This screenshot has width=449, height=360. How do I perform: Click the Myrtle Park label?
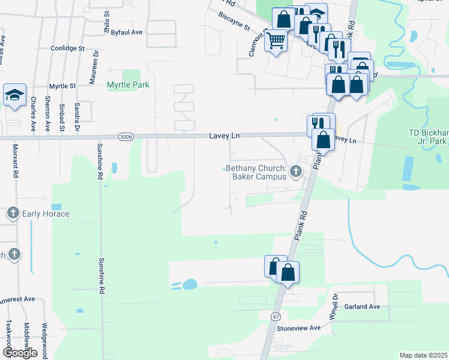tap(128, 85)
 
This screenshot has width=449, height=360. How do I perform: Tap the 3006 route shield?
tap(125, 137)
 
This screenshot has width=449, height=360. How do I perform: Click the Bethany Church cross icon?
tap(295, 173)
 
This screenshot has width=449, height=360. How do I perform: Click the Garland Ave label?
tap(363, 307)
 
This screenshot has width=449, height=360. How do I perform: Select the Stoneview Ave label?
tap(299, 328)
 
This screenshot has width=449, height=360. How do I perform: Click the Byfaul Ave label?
tap(127, 32)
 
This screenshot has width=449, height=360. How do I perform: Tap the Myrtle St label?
tap(62, 86)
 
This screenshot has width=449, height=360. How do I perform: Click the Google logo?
tap(20, 353)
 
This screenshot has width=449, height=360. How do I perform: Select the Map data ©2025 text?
tap(423, 355)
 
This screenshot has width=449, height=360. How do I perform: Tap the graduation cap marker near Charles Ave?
tap(14, 95)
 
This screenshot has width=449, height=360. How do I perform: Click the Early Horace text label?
tap(46, 214)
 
